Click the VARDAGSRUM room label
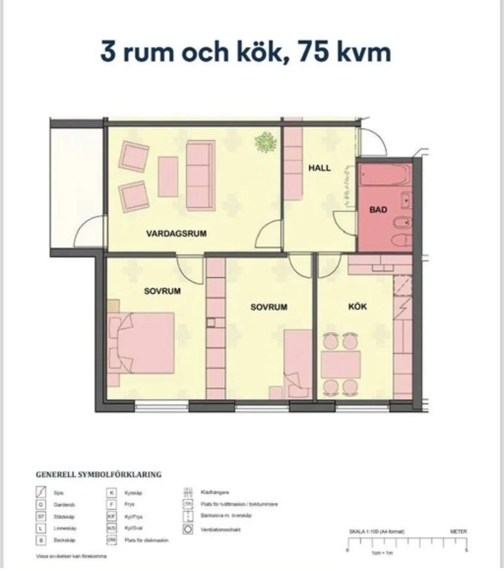tap(176, 234)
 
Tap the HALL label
tap(320, 168)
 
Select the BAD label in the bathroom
tap(378, 210)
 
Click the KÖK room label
tap(358, 307)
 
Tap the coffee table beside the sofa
tap(168, 176)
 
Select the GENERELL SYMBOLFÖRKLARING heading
tap(98, 474)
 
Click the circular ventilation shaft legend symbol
tap(187, 529)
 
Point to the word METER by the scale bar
tap(458, 532)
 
